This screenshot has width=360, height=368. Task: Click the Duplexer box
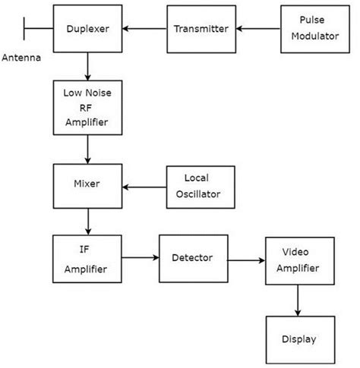point(87,30)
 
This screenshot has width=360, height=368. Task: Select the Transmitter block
point(201,30)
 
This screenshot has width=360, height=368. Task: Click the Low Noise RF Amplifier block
point(87,107)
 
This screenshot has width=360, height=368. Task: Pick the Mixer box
point(87,184)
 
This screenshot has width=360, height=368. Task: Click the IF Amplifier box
point(87,259)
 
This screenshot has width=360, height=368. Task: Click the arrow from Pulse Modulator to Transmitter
point(257,30)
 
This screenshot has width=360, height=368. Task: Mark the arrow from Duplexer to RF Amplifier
point(87,68)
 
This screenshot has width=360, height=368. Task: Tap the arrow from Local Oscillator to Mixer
point(144,187)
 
